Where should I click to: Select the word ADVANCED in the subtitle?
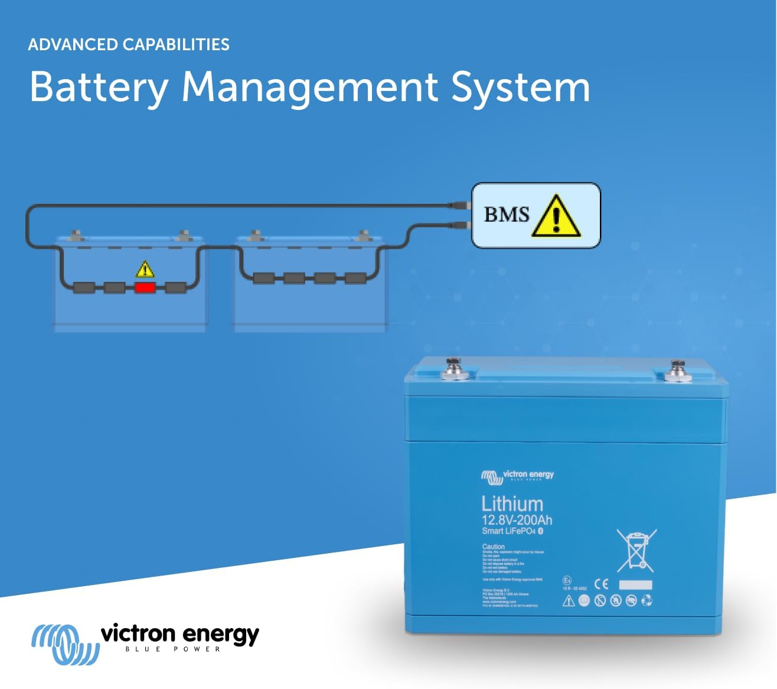[x=73, y=44]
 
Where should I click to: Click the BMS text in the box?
[x=507, y=214]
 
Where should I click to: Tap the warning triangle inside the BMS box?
[x=556, y=217]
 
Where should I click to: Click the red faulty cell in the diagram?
[x=145, y=288]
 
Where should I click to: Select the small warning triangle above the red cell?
[x=145, y=269]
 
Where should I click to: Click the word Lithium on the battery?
[x=512, y=503]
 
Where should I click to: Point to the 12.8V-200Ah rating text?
[x=517, y=520]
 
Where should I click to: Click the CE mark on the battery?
[x=601, y=584]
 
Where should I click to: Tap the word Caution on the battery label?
[x=493, y=547]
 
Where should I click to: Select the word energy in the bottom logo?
[x=221, y=635]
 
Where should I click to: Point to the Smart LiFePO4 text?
[x=508, y=531]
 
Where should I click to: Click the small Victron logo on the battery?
[x=517, y=475]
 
